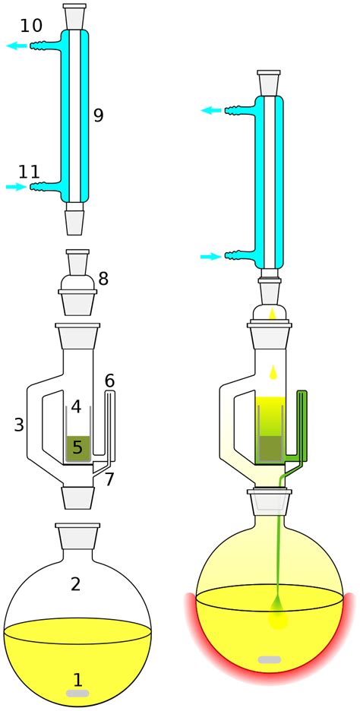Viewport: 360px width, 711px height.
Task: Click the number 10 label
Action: [x=31, y=26]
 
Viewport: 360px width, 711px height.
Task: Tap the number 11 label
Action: [x=30, y=172]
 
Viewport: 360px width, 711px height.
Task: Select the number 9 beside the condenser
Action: [x=99, y=115]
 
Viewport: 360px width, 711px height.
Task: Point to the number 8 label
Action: [x=103, y=279]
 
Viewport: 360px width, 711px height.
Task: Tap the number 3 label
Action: [x=19, y=425]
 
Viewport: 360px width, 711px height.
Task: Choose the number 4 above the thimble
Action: [x=76, y=406]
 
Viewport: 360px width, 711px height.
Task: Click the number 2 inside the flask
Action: [x=75, y=584]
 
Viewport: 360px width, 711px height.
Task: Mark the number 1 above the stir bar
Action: [x=78, y=679]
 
